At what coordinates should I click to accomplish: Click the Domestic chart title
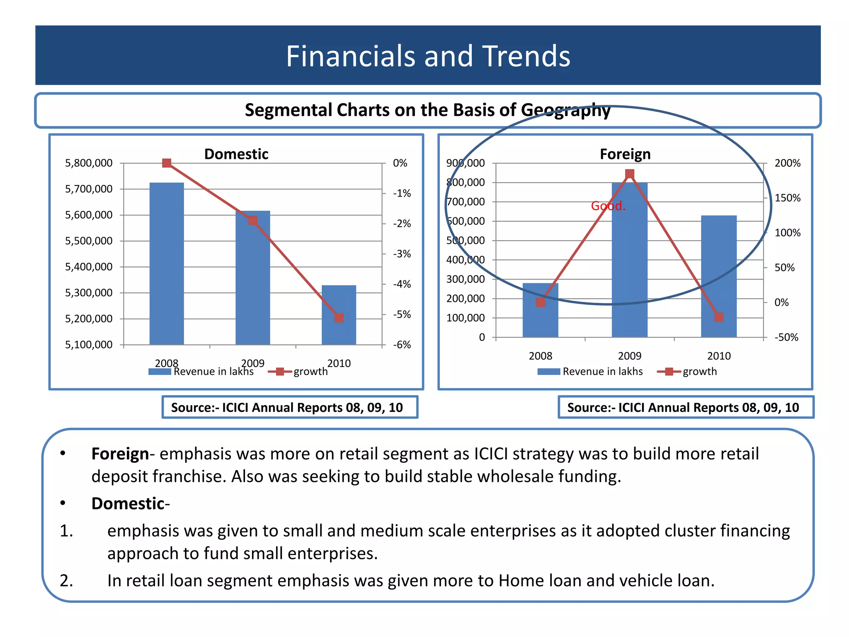236,154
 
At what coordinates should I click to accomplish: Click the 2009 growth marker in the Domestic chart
253,220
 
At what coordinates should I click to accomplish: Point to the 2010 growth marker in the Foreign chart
719,317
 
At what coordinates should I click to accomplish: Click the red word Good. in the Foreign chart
608,206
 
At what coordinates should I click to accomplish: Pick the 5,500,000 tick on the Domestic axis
89,241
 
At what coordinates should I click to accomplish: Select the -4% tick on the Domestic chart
402,284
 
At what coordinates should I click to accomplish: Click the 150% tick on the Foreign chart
787,198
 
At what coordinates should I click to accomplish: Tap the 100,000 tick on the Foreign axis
465,318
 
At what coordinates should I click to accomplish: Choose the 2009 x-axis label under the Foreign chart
629,356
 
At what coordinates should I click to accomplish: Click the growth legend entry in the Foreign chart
699,372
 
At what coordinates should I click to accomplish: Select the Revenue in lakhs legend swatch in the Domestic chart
160,372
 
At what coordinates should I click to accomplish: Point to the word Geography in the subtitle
565,110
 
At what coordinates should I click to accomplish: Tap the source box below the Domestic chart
290,407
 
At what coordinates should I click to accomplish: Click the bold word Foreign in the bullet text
120,454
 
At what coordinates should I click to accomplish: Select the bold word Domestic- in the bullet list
130,503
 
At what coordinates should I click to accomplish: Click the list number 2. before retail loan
66,581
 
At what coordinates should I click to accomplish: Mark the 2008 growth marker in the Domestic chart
167,163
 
